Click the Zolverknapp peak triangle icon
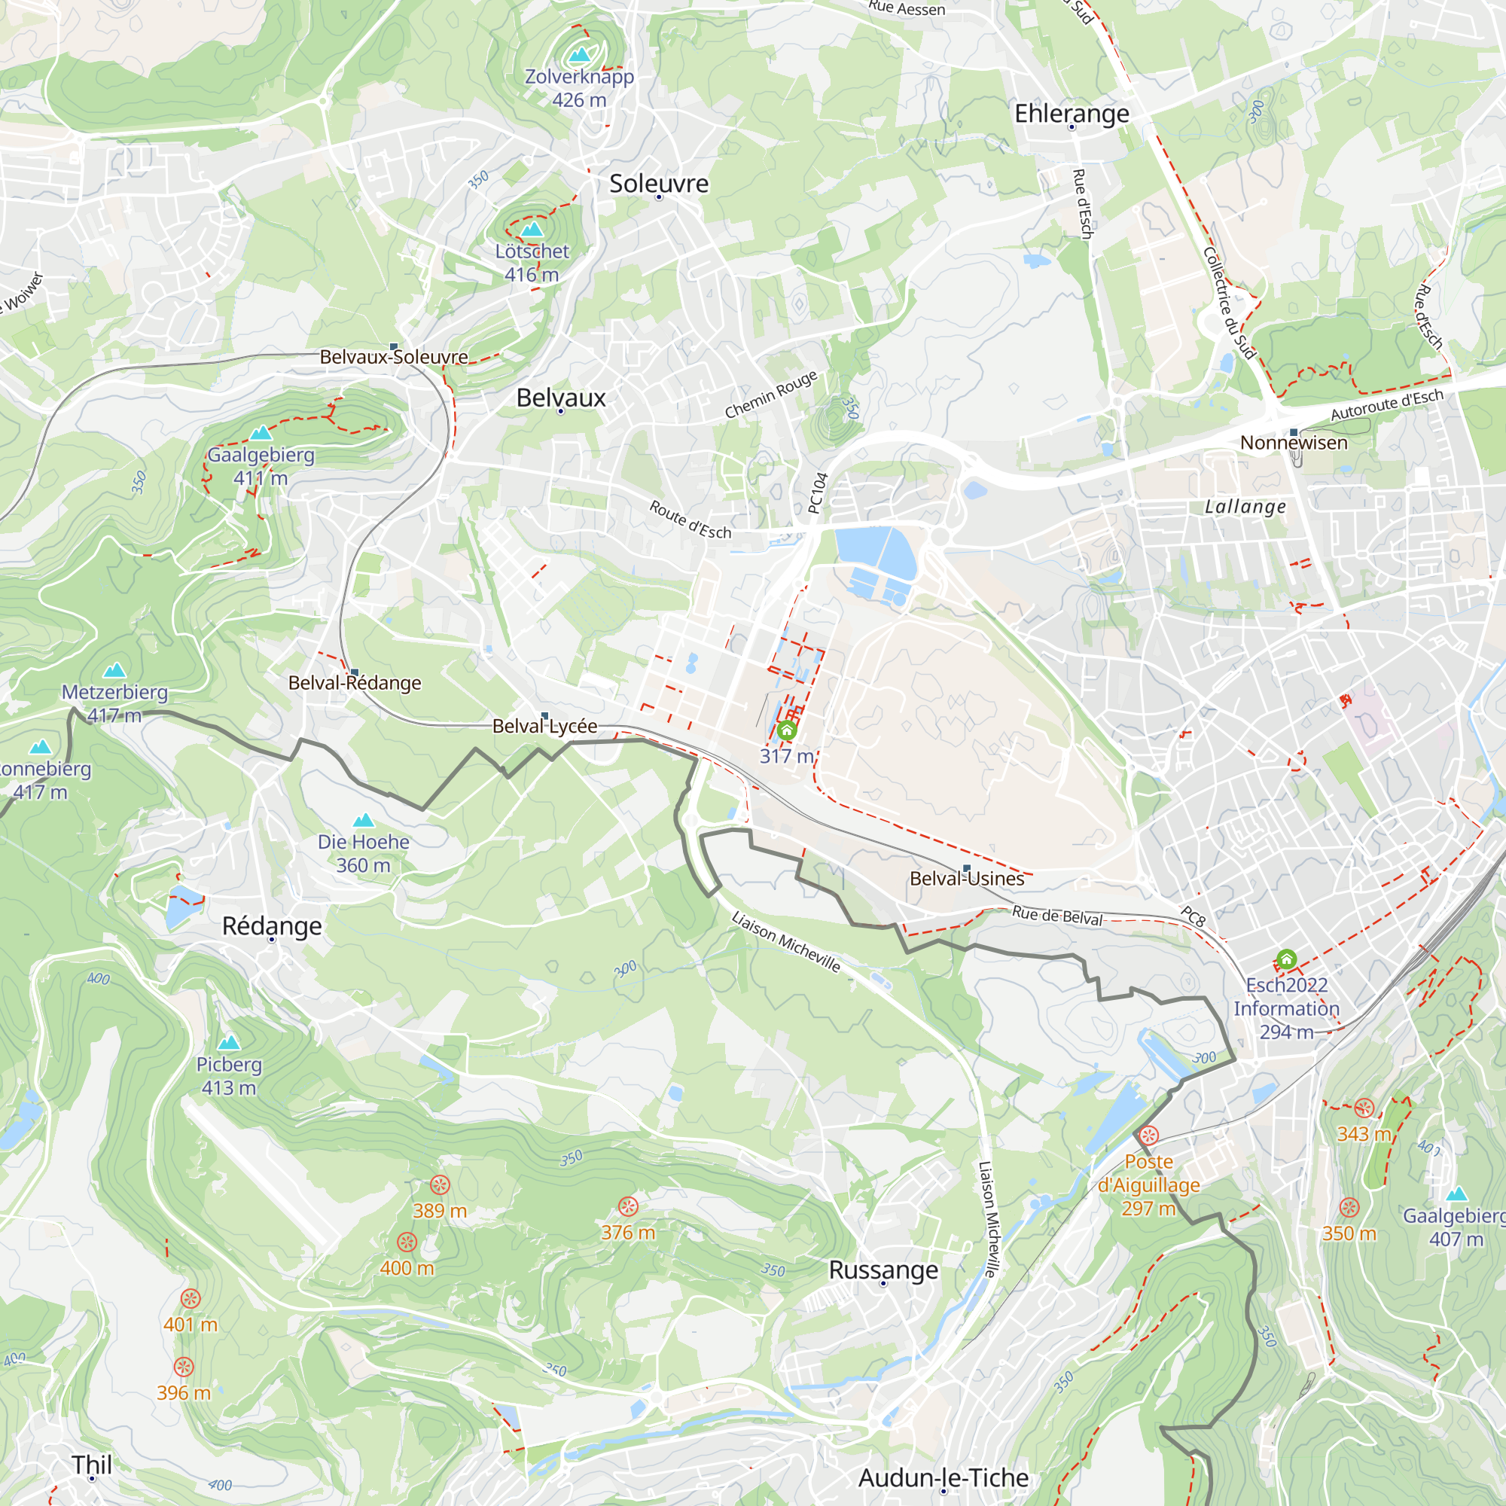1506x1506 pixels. (579, 54)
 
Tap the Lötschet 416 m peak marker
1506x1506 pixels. (532, 229)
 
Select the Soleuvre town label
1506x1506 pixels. (659, 184)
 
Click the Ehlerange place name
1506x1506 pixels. (1072, 114)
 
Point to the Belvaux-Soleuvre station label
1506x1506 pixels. (394, 357)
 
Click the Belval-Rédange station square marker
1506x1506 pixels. (355, 672)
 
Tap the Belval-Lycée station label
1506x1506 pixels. (544, 727)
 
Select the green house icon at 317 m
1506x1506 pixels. (787, 730)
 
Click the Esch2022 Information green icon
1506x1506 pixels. (1286, 959)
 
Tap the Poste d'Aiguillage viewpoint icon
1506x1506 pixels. (1148, 1136)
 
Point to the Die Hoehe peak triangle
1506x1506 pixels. (363, 820)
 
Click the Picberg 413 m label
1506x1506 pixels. (228, 1076)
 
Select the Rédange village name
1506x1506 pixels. (272, 926)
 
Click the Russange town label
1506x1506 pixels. (883, 1270)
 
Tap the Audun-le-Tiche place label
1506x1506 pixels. (944, 1478)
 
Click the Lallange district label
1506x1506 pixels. (1245, 507)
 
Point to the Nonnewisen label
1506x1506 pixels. (1293, 443)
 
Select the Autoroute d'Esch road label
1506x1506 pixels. (1387, 404)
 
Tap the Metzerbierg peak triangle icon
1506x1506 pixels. (114, 670)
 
